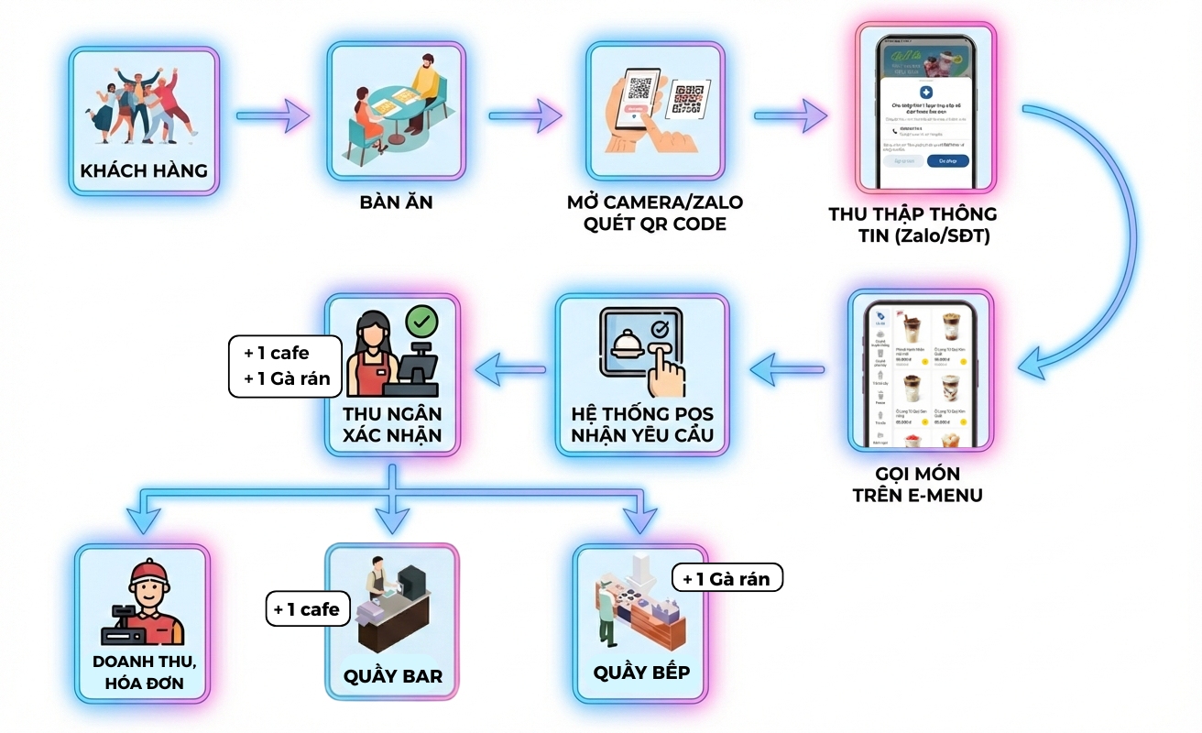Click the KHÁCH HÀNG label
coord(144,170)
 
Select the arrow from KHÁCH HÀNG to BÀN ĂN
coord(273,116)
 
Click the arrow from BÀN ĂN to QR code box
coord(525,116)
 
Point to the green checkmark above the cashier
coord(421,322)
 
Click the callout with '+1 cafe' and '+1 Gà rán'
coord(285,366)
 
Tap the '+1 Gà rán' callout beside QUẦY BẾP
coord(727,578)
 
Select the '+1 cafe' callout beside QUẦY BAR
coord(307,609)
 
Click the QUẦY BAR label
coord(393,676)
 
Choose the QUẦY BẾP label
coord(641,672)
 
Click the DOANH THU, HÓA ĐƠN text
coord(144,672)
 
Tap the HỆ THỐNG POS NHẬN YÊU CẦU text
coord(641,423)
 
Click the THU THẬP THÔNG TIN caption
coord(912,224)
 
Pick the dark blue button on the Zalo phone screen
coord(947,160)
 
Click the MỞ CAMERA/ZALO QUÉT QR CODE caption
coord(655,213)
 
